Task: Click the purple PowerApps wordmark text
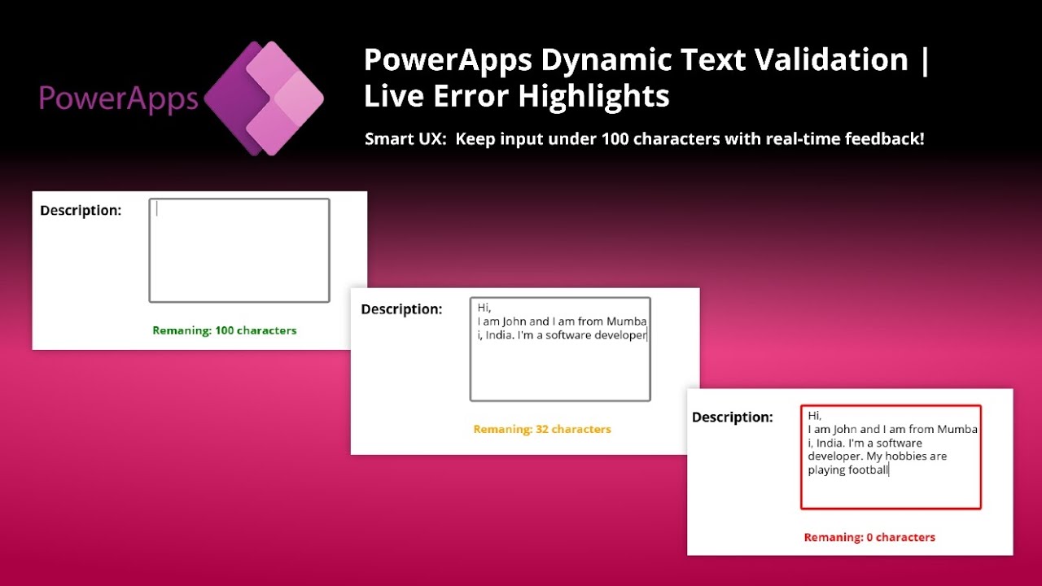pos(119,98)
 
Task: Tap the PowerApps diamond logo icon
pos(264,98)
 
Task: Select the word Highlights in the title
pos(593,96)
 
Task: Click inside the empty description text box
pos(239,251)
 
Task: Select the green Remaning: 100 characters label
pos(224,330)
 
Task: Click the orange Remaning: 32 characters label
pos(542,429)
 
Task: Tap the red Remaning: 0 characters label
pos(869,537)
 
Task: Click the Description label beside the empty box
pos(81,210)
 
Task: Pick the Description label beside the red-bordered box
pos(732,418)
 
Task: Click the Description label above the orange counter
pos(401,309)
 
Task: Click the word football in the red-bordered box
pos(868,470)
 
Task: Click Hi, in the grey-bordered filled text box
pos(484,308)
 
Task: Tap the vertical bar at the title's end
pos(924,60)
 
